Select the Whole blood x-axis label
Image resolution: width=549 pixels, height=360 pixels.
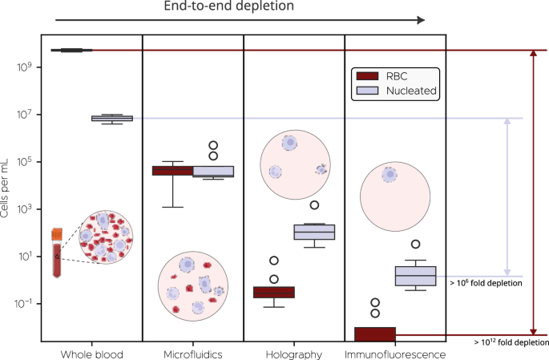tap(91, 354)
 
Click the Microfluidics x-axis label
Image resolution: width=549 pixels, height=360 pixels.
tap(192, 354)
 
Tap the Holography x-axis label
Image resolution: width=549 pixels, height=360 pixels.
tap(293, 354)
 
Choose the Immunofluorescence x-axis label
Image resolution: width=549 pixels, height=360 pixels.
tap(394, 354)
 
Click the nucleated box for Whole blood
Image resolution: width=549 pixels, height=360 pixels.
tap(112, 118)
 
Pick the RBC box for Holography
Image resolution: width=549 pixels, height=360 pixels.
tap(274, 292)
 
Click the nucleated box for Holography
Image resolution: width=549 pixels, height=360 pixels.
tap(314, 233)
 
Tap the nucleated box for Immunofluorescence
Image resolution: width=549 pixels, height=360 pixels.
tap(415, 276)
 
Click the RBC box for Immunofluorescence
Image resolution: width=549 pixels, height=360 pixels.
tap(375, 333)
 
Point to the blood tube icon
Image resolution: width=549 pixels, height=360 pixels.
tap(58, 253)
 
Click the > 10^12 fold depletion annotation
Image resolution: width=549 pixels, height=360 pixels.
tap(511, 342)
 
